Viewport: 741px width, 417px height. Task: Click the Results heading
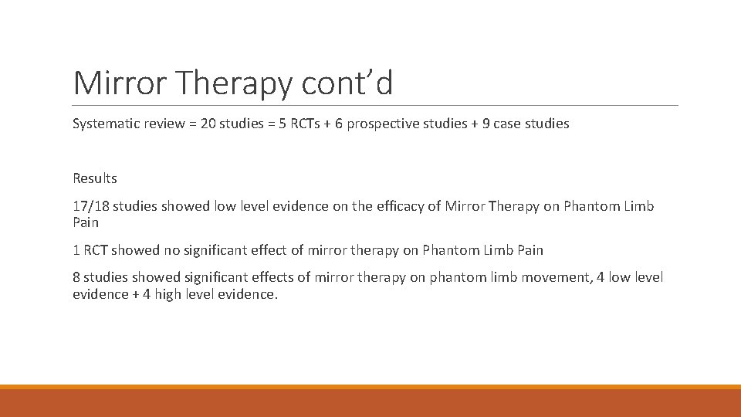(x=95, y=178)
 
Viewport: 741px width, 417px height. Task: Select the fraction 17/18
(x=91, y=206)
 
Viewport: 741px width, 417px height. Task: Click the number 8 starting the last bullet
(x=77, y=277)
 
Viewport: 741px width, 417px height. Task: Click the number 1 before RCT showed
(x=76, y=250)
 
